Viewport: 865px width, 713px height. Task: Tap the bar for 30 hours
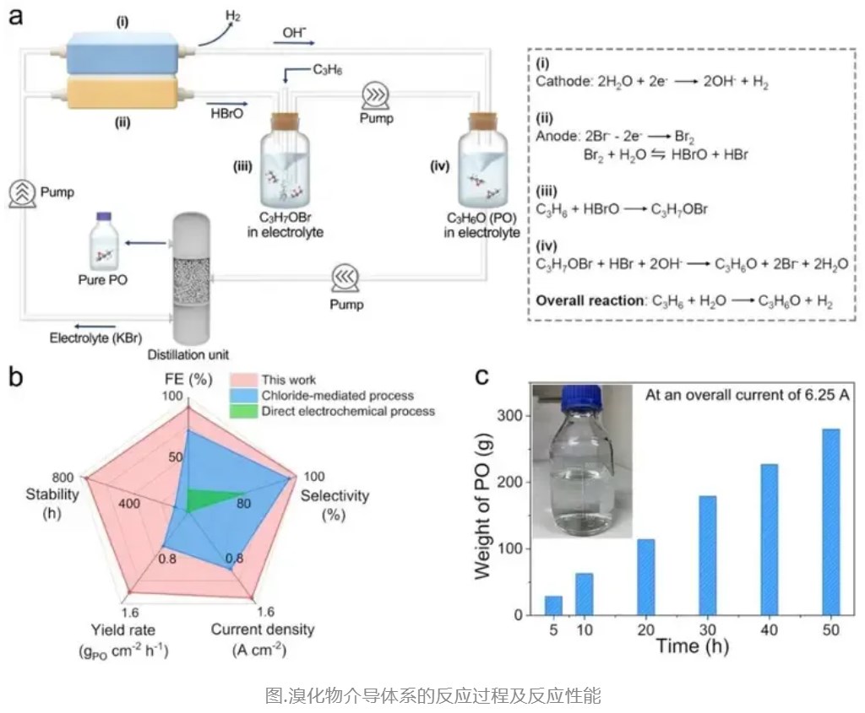point(707,558)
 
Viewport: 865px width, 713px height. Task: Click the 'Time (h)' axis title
point(692,647)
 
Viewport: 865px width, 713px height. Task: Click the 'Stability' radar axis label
point(50,494)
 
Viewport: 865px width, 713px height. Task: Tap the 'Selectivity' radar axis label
point(335,495)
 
